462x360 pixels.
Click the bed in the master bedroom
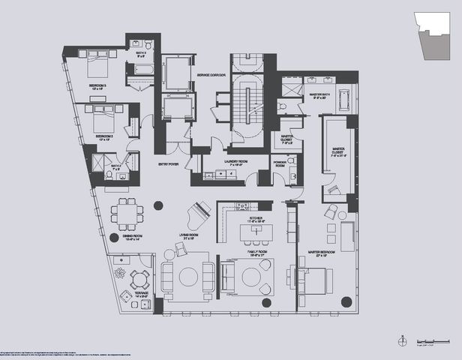[x=316, y=280]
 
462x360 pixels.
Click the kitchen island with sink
[x=255, y=233]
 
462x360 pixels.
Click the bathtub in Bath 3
[x=141, y=72]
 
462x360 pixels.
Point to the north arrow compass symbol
[x=403, y=340]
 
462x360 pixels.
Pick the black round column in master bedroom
[x=346, y=302]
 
